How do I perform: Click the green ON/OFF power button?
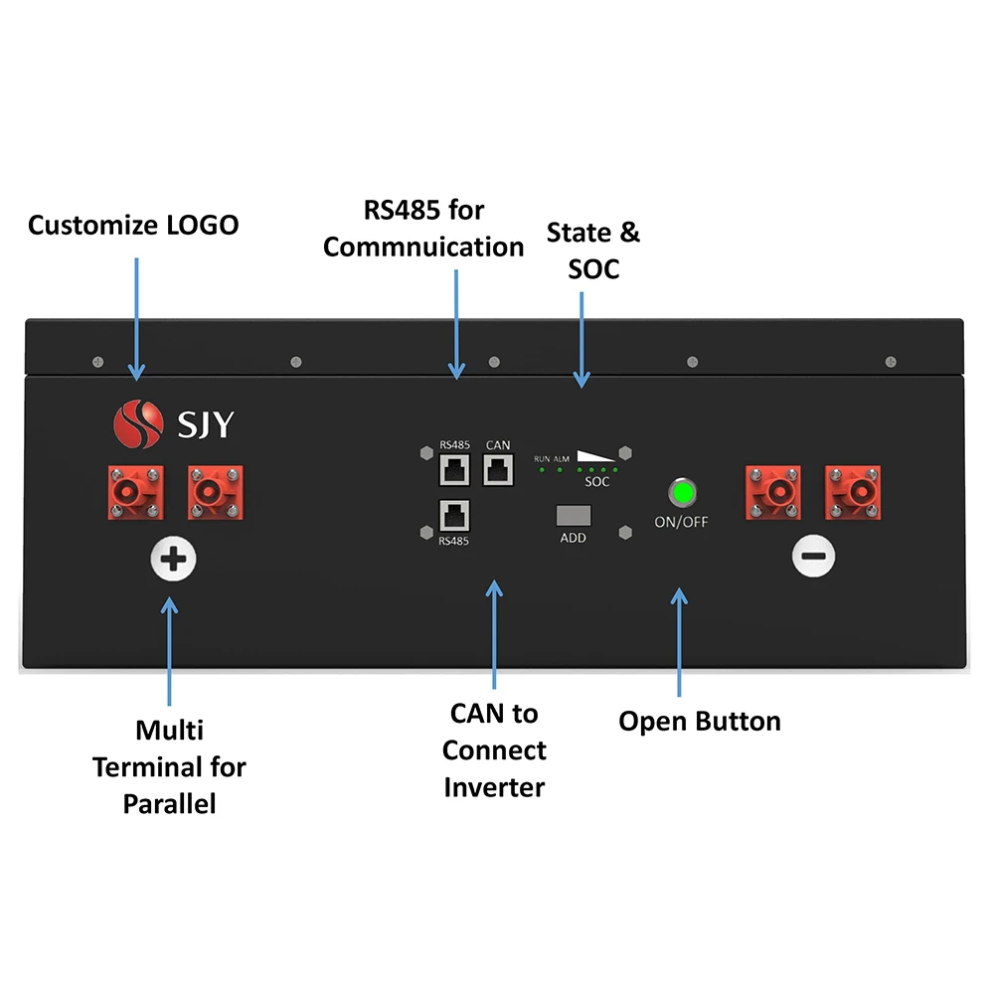pyautogui.click(x=683, y=493)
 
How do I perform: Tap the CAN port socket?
pyautogui.click(x=497, y=468)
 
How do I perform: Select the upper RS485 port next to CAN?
pyautogui.click(x=453, y=468)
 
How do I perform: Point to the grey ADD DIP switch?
pyautogui.click(x=574, y=516)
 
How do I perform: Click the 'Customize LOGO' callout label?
pyautogui.click(x=133, y=225)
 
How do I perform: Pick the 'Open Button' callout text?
pyautogui.click(x=700, y=721)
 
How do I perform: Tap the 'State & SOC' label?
pyautogui.click(x=593, y=250)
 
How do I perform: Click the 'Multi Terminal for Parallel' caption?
pyautogui.click(x=170, y=766)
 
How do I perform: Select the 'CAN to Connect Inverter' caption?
pyautogui.click(x=494, y=750)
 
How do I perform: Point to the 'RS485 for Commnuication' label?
pyautogui.click(x=423, y=228)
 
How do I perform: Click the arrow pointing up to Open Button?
pyautogui.click(x=679, y=641)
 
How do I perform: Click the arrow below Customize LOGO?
pyautogui.click(x=135, y=318)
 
